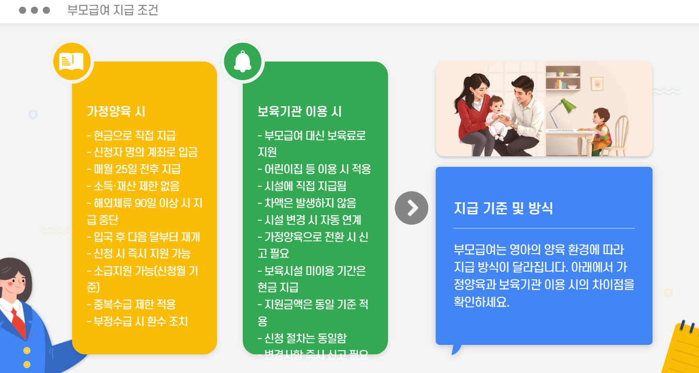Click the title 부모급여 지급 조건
click(x=112, y=11)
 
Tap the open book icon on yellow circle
click(x=72, y=62)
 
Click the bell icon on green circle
click(x=243, y=62)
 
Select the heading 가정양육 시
click(x=116, y=112)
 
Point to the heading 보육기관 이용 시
click(x=300, y=112)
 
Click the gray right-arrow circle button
click(x=411, y=208)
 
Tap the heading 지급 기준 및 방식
click(x=503, y=208)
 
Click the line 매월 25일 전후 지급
click(x=134, y=169)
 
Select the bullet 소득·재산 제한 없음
click(x=133, y=186)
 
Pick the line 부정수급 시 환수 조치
click(x=137, y=321)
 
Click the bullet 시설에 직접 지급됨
click(x=302, y=186)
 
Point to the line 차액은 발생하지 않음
click(x=307, y=203)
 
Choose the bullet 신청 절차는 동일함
click(x=302, y=338)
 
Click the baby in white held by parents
click(x=496, y=116)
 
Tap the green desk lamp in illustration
click(x=567, y=107)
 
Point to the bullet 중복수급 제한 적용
click(x=131, y=305)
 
